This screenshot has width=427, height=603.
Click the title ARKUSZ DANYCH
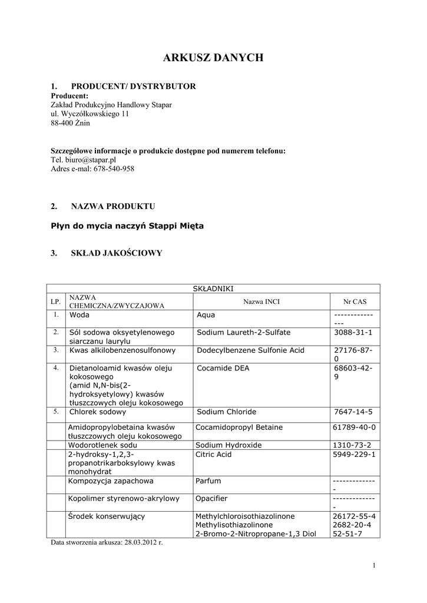coord(213,58)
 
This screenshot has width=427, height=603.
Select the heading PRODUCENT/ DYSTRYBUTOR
coord(133,87)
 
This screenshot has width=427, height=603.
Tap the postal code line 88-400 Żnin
coord(71,123)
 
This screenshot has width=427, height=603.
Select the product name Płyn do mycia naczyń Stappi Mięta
coord(127,226)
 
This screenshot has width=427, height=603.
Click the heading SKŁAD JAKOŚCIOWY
coord(116,253)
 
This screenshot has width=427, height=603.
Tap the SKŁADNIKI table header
coord(214,289)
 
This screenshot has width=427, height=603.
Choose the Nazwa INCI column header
coord(261,301)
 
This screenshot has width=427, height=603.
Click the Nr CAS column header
coord(355,301)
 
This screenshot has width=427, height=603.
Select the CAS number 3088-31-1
coord(353,332)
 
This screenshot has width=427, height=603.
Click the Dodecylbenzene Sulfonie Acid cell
coord(250,350)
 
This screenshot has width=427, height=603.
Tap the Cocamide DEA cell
coord(223,368)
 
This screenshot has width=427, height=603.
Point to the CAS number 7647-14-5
coord(353,412)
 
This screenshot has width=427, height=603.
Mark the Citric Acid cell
coord(214,455)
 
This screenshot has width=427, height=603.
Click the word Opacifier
coord(211,498)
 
